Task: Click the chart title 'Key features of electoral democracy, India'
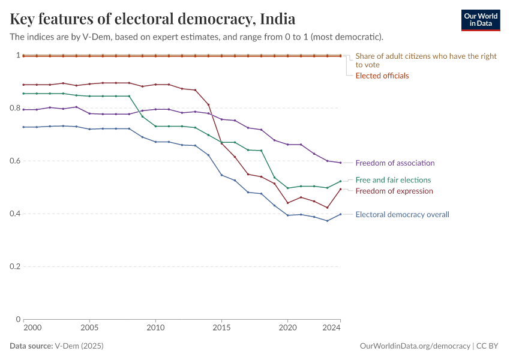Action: pyautogui.click(x=152, y=19)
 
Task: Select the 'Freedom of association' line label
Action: pyautogui.click(x=395, y=163)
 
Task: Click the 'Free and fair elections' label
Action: pyautogui.click(x=393, y=180)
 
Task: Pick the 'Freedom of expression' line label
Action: pyautogui.click(x=394, y=191)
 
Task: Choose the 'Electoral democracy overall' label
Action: pyautogui.click(x=402, y=214)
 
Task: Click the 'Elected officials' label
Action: pyautogui.click(x=382, y=76)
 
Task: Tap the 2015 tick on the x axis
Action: pyautogui.click(x=221, y=328)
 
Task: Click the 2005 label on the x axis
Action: pyautogui.click(x=89, y=328)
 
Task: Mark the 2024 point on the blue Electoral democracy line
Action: pyautogui.click(x=340, y=214)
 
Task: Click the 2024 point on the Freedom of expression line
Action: pyautogui.click(x=340, y=189)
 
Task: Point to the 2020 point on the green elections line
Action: pyautogui.click(x=287, y=188)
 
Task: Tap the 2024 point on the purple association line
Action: pyautogui.click(x=340, y=163)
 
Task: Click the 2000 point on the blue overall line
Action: pyautogui.click(x=23, y=127)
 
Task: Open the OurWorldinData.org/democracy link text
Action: pyautogui.click(x=415, y=346)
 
